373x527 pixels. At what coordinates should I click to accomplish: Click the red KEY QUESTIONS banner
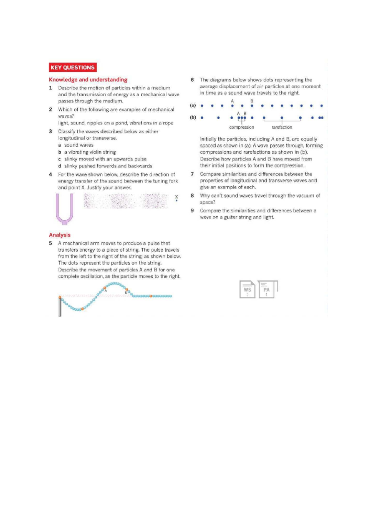[x=72, y=67]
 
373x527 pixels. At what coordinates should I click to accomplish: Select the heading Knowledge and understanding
[x=88, y=80]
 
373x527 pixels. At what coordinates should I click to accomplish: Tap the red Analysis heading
[x=60, y=235]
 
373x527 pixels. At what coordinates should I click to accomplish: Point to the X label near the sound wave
[x=177, y=197]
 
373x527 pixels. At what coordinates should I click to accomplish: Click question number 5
[x=50, y=243]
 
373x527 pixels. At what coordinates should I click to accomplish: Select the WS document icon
[x=247, y=290]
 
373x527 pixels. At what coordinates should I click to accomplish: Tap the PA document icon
[x=266, y=290]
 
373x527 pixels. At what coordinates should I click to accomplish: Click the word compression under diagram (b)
[x=242, y=127]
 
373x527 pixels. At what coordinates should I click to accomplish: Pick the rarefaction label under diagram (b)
[x=282, y=127]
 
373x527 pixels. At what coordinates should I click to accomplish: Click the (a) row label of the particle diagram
[x=193, y=106]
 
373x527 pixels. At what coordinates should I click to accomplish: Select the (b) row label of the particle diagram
[x=193, y=117]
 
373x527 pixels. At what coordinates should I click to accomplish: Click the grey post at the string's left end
[x=60, y=307]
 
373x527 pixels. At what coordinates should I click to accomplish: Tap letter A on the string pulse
[x=106, y=291]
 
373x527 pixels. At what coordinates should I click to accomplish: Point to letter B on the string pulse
[x=126, y=292]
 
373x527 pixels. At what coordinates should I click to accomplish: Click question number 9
[x=192, y=210]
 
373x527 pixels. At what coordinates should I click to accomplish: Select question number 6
[x=192, y=80]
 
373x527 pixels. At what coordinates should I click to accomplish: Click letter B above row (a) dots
[x=252, y=101]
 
